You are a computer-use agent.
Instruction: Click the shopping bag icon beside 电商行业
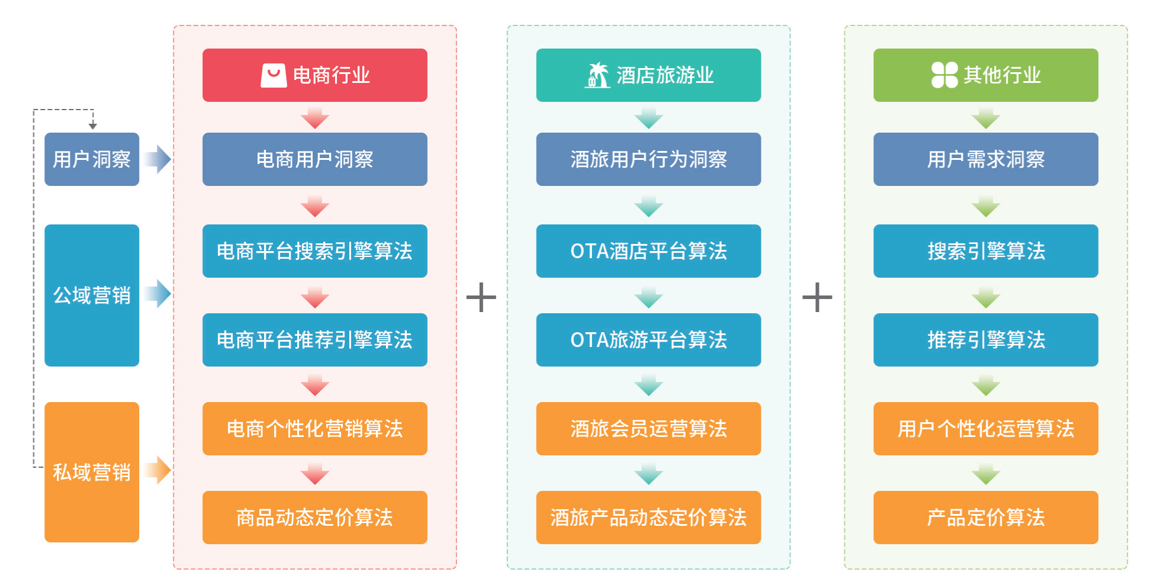[x=274, y=75]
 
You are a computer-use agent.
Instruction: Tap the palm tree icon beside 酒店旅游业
[x=597, y=75]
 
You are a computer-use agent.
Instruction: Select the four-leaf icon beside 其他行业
[x=944, y=75]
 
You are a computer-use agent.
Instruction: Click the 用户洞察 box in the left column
[x=92, y=159]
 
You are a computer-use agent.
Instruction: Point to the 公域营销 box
[x=92, y=295]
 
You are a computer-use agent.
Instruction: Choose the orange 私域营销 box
[x=92, y=472]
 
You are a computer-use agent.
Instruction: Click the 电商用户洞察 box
[x=314, y=159]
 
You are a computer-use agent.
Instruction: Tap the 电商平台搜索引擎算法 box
[x=314, y=251]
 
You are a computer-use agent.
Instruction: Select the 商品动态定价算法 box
[x=314, y=518]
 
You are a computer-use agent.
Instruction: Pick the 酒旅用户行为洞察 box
[x=648, y=159]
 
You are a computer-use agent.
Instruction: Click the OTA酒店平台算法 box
[x=648, y=251]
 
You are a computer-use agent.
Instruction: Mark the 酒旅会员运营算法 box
[x=648, y=429]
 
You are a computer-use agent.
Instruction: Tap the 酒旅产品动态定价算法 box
[x=648, y=518]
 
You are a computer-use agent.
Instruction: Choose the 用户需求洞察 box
[x=985, y=159]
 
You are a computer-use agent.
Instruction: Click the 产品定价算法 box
[x=985, y=518]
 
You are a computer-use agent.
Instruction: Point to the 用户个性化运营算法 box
[x=985, y=429]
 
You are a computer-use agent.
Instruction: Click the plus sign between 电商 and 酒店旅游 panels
[x=481, y=297]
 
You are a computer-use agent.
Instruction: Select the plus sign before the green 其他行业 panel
[x=817, y=297]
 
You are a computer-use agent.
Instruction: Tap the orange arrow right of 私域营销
[x=158, y=470]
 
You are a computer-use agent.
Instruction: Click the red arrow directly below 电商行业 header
[x=314, y=118]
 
